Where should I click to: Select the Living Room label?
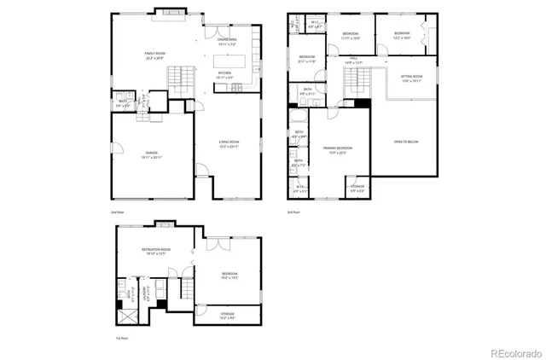point(228,143)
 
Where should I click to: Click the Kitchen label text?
point(225,75)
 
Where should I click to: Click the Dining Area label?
point(226,40)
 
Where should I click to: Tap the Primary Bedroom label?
point(339,150)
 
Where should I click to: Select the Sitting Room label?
point(412,78)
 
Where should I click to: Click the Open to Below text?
point(405,142)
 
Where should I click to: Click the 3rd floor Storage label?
point(357,187)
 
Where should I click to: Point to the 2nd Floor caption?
point(117,211)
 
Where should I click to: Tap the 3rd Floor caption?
point(294,211)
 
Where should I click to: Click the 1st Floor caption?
point(123,338)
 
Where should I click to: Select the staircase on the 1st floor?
point(181,295)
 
